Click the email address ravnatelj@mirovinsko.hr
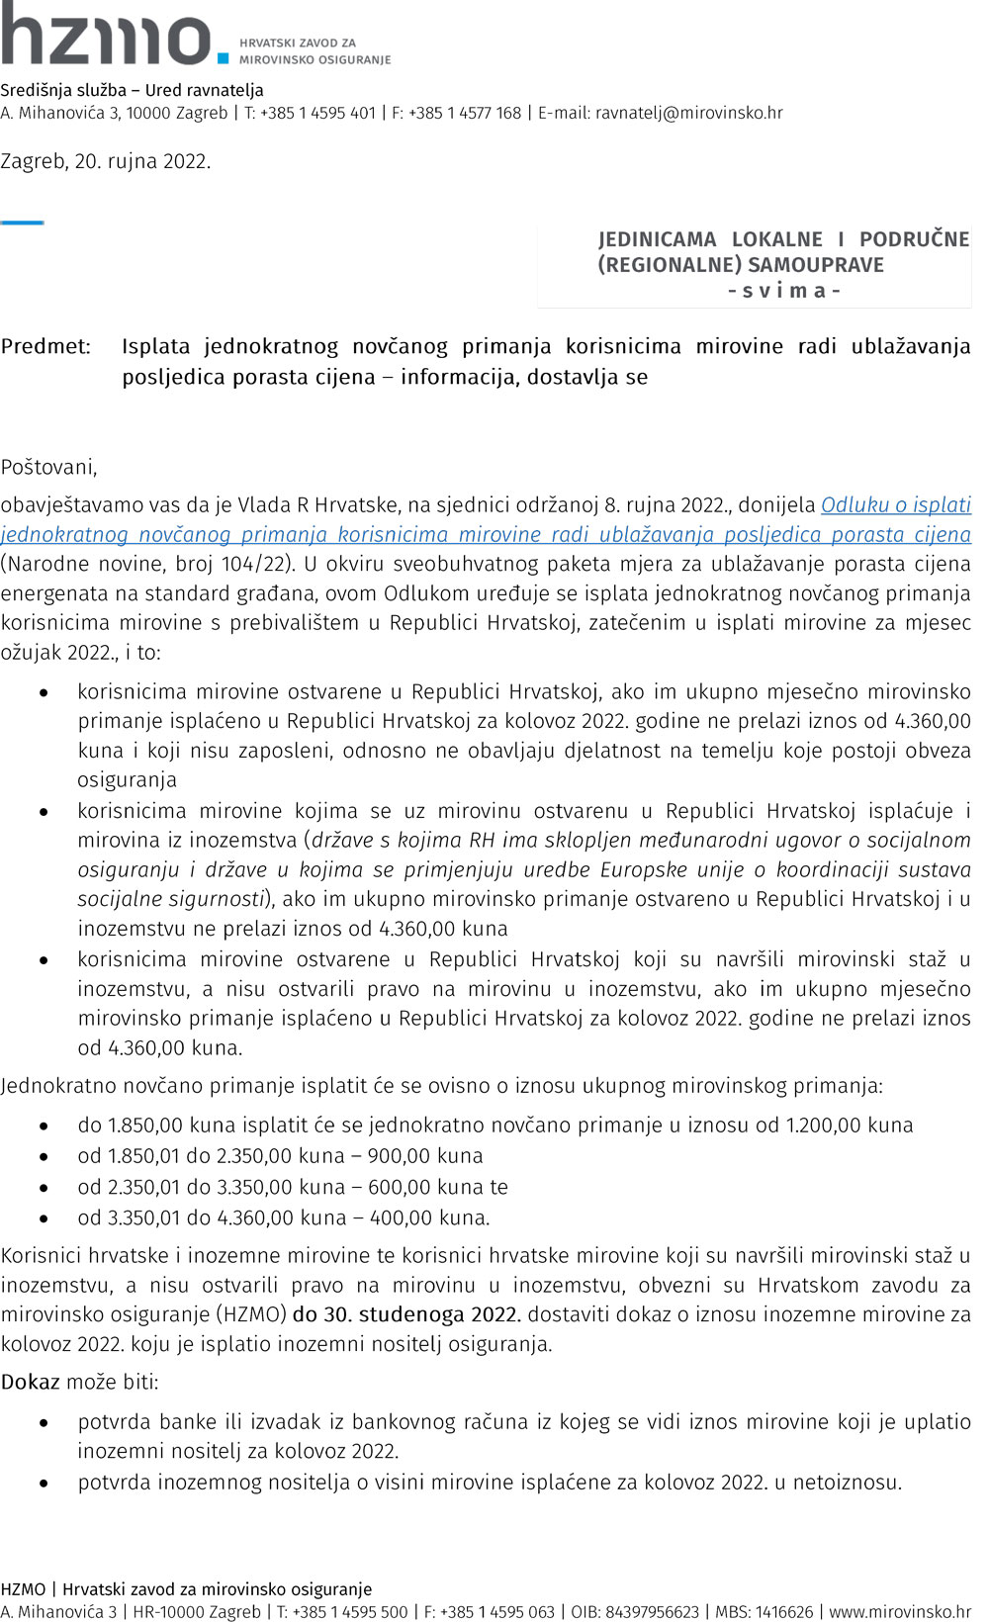coord(688,113)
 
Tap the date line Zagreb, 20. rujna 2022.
coord(106,161)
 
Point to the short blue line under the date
coord(22,223)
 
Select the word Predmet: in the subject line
coord(45,346)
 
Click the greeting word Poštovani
coord(48,467)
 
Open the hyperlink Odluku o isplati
coord(895,504)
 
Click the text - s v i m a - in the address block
coord(783,291)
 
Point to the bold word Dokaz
coord(31,1382)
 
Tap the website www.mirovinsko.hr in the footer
coord(900,1611)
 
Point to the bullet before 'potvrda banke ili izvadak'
coord(44,1423)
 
